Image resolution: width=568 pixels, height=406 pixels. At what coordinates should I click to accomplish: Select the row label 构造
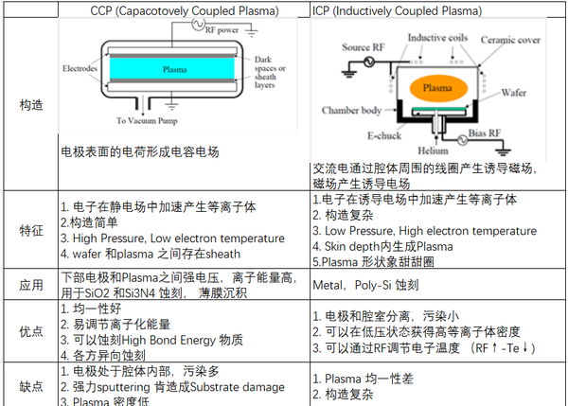pyautogui.click(x=30, y=105)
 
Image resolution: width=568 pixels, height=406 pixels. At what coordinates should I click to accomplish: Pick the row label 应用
pyautogui.click(x=30, y=284)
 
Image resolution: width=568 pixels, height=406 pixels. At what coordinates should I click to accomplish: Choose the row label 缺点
pyautogui.click(x=30, y=385)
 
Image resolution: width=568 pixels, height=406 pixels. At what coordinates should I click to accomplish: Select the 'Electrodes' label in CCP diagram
pyautogui.click(x=81, y=68)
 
